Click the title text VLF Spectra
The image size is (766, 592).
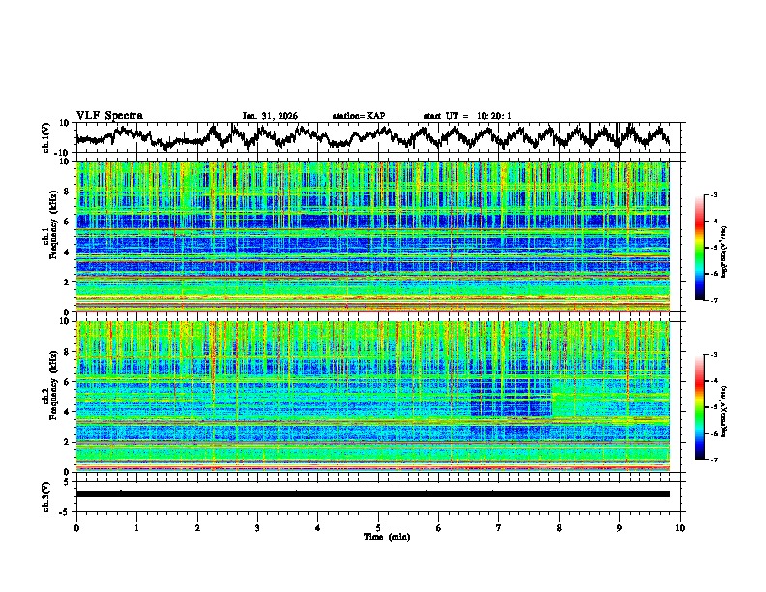pos(109,115)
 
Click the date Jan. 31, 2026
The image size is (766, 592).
pos(270,116)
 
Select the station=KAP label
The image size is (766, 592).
pos(359,116)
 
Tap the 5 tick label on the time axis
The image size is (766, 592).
pos(378,527)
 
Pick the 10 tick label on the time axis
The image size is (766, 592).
pos(680,527)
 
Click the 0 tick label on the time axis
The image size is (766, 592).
pos(76,527)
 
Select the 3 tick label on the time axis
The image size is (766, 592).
pos(257,527)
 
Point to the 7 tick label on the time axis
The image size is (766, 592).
pos(499,527)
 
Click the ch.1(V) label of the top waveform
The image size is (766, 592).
pos(46,138)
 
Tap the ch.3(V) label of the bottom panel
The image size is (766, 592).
pos(46,494)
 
